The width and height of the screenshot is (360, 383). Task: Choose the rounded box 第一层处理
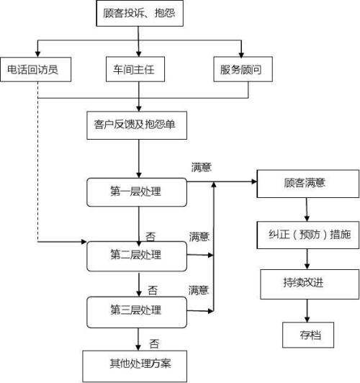135,191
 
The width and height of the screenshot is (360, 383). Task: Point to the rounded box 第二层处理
135,254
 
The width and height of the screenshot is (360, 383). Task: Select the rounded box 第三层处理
135,310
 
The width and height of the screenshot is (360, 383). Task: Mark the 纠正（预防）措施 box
307,235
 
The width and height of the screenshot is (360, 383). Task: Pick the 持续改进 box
307,284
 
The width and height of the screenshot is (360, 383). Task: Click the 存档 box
307,334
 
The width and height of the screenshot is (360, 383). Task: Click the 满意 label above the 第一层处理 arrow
201,168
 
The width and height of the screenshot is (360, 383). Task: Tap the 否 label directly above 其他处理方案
153,343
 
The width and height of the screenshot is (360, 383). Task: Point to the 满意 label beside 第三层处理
199,290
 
